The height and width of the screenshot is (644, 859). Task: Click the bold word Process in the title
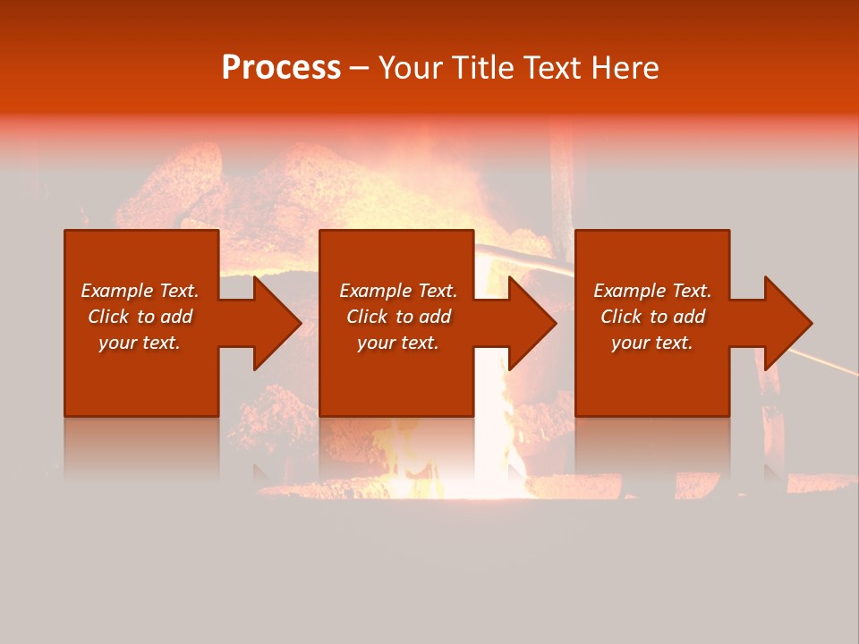(x=281, y=68)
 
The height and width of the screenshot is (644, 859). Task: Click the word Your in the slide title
(x=411, y=68)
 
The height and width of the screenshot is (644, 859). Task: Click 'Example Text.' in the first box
(x=140, y=291)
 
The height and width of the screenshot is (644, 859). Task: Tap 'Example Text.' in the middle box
(x=398, y=291)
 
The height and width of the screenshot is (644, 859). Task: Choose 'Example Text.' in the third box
(x=652, y=291)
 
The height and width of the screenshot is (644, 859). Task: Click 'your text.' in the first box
(x=140, y=343)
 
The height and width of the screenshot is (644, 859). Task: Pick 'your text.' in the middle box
(x=398, y=343)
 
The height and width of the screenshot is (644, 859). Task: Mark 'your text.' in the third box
(x=652, y=343)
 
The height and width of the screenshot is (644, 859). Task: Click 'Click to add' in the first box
(x=140, y=317)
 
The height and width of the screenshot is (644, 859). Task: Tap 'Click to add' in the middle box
(x=398, y=317)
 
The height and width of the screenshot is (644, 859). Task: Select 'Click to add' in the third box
(x=652, y=317)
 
